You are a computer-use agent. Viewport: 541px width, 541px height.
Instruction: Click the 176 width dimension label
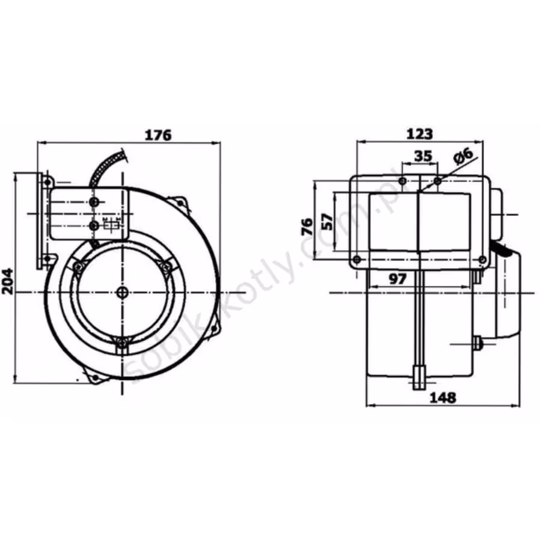tap(157, 135)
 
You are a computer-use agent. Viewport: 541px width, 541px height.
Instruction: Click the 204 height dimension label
tap(8, 281)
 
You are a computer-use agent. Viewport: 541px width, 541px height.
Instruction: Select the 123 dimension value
tap(419, 134)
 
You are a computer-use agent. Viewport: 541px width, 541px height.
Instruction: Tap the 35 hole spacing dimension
tap(423, 156)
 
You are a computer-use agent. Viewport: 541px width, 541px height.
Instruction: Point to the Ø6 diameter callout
tap(463, 156)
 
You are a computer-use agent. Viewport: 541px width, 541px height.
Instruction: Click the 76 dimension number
tap(307, 227)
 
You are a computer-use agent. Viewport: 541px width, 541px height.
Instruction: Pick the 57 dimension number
tap(328, 222)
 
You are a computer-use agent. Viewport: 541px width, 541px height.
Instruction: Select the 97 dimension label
tap(398, 279)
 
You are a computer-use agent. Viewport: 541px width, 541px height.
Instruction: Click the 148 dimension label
tap(442, 398)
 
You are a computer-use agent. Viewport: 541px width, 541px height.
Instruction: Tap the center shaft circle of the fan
tap(122, 293)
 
